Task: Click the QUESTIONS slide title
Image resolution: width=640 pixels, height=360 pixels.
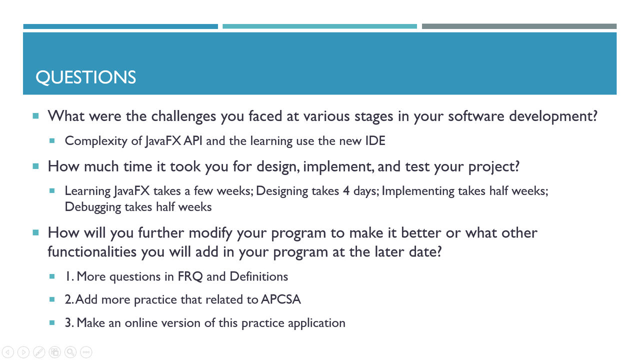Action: point(85,77)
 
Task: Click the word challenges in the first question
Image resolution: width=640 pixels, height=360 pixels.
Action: point(183,116)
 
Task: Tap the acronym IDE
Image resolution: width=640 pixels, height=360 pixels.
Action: point(375,140)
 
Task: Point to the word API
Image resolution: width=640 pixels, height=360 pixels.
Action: point(193,140)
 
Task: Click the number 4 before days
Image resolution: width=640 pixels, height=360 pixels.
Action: point(346,191)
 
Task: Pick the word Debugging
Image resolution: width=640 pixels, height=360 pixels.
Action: point(93,207)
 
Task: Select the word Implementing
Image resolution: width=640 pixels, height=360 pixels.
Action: point(417,191)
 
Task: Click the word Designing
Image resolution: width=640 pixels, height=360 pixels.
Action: point(282,191)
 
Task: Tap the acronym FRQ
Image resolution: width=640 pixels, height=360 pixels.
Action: point(190,276)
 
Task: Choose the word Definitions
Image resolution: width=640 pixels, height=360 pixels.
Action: point(259,276)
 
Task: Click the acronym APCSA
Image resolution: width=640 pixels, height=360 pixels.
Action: point(281,299)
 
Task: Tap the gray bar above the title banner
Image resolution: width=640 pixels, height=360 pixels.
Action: point(519,26)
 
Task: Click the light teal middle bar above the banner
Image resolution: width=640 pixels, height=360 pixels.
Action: point(319,26)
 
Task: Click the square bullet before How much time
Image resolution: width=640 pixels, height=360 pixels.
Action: point(35,166)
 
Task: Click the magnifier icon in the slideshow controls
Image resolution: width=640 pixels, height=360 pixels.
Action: point(70,352)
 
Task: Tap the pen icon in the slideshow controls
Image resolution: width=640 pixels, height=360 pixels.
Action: point(39,352)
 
